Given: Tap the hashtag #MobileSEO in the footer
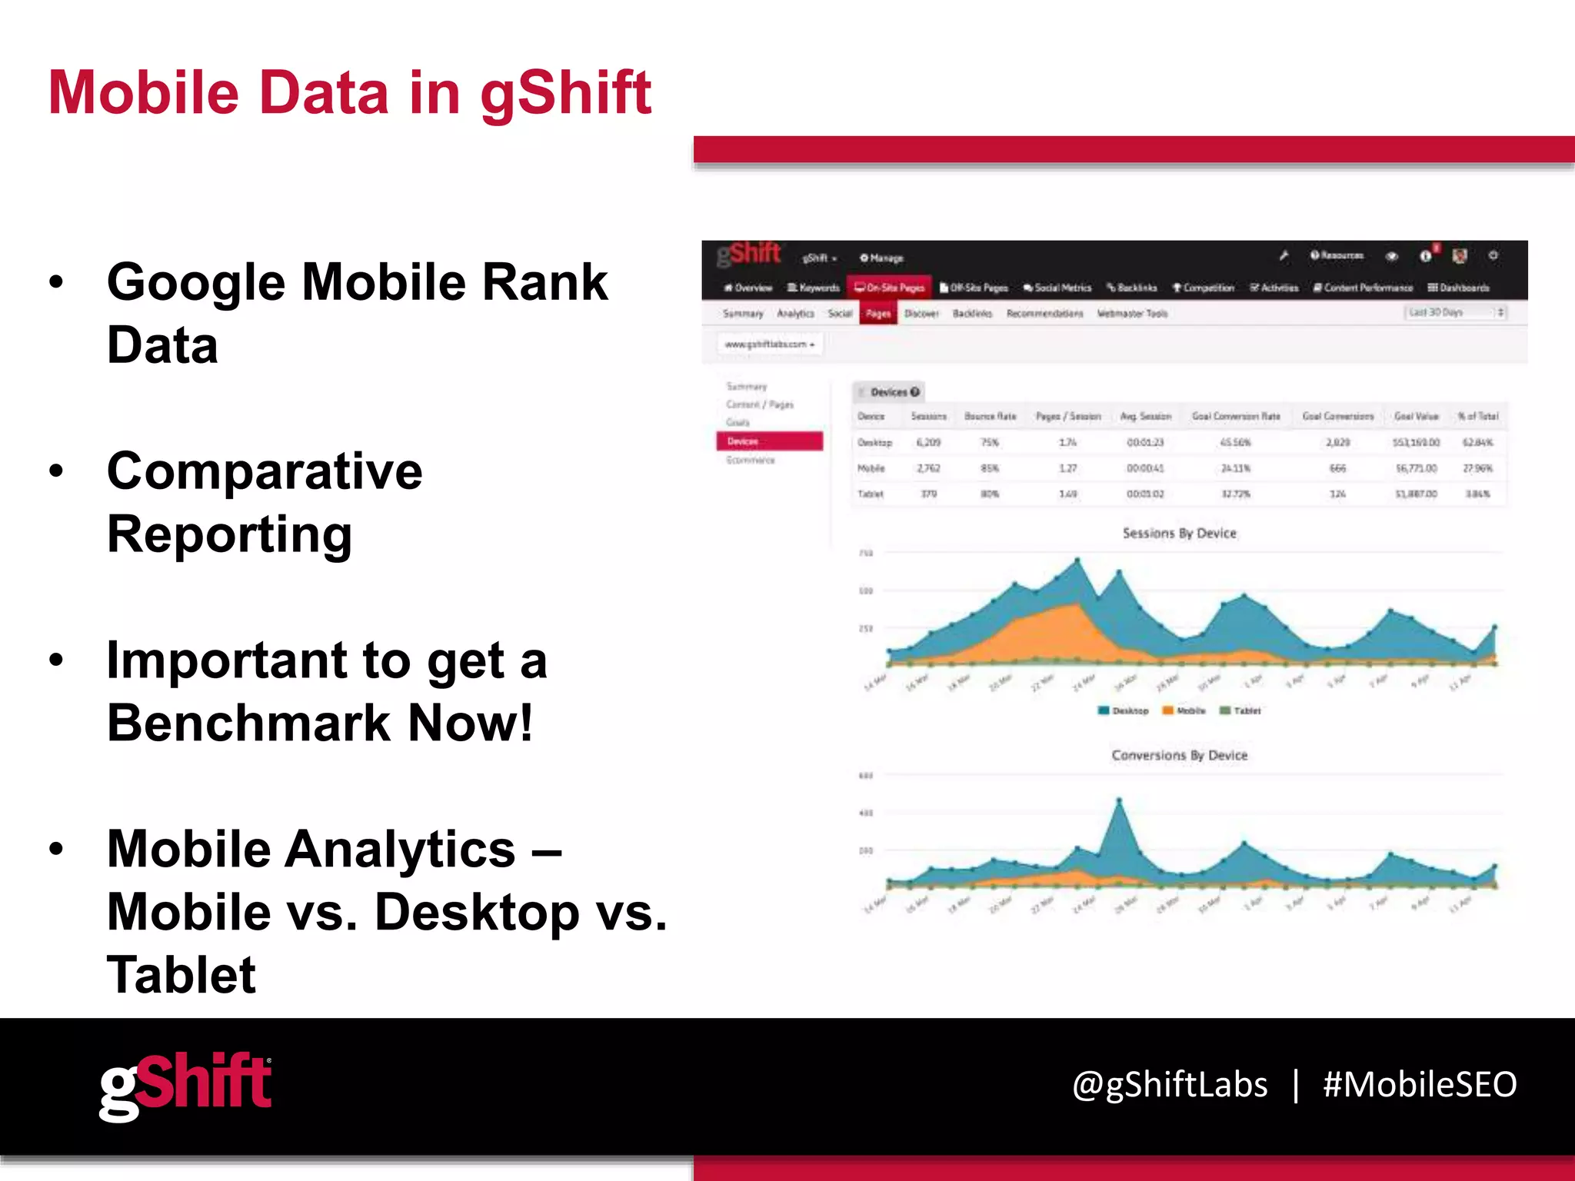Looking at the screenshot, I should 1419,1084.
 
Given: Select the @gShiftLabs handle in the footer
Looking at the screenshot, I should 1170,1084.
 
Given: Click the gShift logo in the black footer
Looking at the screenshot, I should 185,1086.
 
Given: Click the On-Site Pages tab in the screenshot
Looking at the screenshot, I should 890,288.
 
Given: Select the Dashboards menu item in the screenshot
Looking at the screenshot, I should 1458,288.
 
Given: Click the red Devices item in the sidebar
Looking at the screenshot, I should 769,441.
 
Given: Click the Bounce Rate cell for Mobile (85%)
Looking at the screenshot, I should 990,468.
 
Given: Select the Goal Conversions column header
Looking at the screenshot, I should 1337,416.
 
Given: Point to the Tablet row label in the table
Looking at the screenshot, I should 871,494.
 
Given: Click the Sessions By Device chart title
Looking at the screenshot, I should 1179,533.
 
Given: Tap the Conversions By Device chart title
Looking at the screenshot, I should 1179,755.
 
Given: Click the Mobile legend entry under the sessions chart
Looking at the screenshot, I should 1184,710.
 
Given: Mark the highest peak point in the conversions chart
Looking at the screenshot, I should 1119,801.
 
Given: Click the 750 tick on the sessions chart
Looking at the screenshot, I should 866,553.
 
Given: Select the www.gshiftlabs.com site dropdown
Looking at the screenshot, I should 769,344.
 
